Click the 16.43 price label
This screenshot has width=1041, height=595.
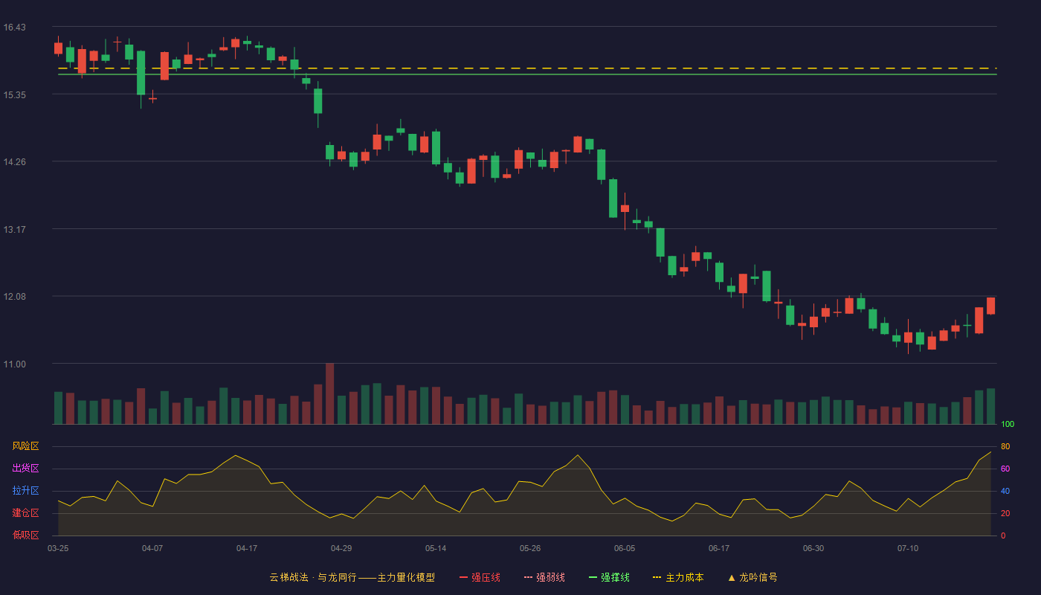pos(14,28)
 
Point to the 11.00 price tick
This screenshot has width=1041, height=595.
pos(14,364)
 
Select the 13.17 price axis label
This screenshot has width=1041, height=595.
pos(14,230)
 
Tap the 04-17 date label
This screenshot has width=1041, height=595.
pos(247,549)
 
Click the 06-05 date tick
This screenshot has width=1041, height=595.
pos(625,549)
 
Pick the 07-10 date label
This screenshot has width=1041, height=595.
pos(908,549)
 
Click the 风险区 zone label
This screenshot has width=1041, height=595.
pos(25,446)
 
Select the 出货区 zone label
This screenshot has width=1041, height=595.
pos(25,468)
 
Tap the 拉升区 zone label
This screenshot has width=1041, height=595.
pos(25,490)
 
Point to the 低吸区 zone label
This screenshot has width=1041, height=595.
pos(25,535)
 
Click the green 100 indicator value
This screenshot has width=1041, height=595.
pos(1008,424)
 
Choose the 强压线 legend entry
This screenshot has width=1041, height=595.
pos(480,577)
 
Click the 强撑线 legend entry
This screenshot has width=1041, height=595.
pos(609,577)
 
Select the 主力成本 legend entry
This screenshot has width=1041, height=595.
pos(678,577)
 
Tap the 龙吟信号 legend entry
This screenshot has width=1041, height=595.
pos(752,577)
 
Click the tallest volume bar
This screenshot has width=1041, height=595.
pos(330,393)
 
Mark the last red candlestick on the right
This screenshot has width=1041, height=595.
pos(990,306)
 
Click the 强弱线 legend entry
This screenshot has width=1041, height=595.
pos(544,577)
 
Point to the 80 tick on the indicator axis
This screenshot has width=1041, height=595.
pos(1005,446)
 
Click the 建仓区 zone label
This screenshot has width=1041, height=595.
pos(25,512)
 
